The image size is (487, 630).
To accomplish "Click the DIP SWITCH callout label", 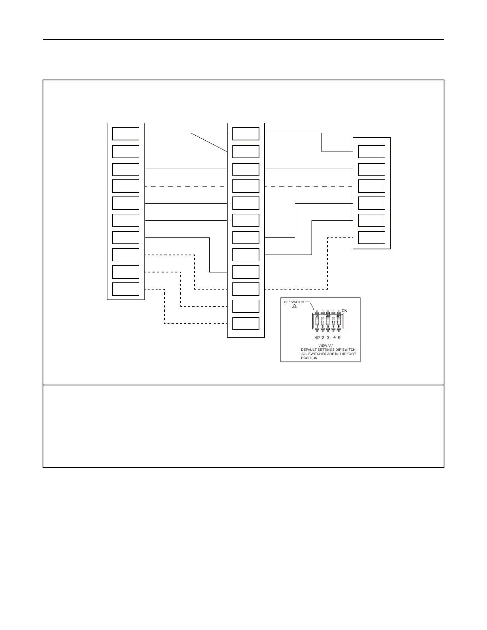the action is click(x=294, y=302).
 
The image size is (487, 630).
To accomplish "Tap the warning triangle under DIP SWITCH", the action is click(x=294, y=306).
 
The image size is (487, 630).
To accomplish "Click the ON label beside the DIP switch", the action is click(x=344, y=311).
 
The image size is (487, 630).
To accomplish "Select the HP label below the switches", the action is click(x=317, y=338).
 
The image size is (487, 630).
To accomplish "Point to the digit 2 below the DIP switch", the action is click(x=323, y=338).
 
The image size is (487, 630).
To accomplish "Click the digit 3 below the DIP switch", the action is click(x=328, y=338).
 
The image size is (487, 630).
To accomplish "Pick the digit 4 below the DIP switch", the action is click(x=335, y=338).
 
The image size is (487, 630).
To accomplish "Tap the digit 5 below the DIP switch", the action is click(x=339, y=338).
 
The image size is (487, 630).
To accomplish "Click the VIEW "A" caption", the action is click(x=325, y=346).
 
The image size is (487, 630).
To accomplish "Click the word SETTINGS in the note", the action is click(x=326, y=350).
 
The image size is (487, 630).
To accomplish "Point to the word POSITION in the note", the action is click(x=309, y=358).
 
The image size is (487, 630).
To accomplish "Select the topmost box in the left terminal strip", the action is click(x=126, y=134).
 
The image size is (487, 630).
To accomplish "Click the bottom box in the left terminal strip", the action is click(x=126, y=289).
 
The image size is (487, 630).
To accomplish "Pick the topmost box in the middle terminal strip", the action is click(x=245, y=134).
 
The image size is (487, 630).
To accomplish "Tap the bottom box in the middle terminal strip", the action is click(x=245, y=323).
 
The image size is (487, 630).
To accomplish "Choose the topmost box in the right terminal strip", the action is click(x=372, y=152).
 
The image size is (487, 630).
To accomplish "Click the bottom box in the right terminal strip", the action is click(x=372, y=237).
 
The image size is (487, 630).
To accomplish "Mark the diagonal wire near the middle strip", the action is click(x=209, y=142).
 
